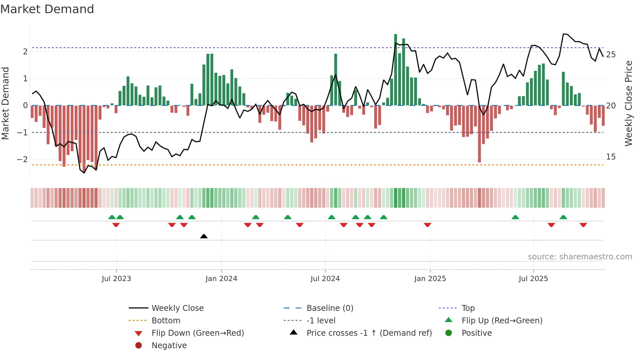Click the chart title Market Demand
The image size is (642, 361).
tap(47, 9)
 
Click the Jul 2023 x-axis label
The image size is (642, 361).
tap(116, 279)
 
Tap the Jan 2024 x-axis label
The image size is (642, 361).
tap(221, 279)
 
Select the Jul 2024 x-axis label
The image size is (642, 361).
tap(325, 279)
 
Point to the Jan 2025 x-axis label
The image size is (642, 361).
tap(430, 279)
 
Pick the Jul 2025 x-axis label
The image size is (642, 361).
tap(533, 279)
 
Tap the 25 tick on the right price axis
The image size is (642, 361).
tap(611, 55)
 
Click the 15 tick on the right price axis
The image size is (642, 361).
tap(611, 157)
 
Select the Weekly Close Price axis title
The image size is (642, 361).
tap(628, 103)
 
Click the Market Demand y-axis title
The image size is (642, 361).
tap(5, 103)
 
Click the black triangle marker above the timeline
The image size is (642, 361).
tap(204, 236)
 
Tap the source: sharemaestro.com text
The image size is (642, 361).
tap(580, 257)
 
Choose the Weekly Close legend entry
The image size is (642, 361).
tap(177, 308)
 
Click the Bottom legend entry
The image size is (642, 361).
tap(166, 321)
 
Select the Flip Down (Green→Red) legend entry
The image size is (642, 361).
tap(198, 333)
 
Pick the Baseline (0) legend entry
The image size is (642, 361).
tap(330, 308)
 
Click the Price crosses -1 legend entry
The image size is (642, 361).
tap(369, 333)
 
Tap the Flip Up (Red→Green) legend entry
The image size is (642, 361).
tap(502, 321)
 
